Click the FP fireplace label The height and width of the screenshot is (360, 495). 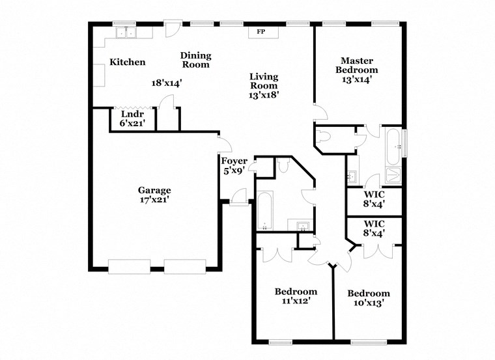(x=261, y=32)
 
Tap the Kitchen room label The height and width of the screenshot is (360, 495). (x=127, y=62)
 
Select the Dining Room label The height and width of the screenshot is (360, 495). (x=195, y=60)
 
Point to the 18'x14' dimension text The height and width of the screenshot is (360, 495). (x=166, y=83)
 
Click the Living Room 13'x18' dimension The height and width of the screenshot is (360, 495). (x=263, y=95)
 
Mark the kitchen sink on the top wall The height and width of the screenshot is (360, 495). (x=124, y=32)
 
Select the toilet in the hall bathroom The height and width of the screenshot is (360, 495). (x=283, y=165)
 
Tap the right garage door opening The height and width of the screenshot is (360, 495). (x=184, y=267)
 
